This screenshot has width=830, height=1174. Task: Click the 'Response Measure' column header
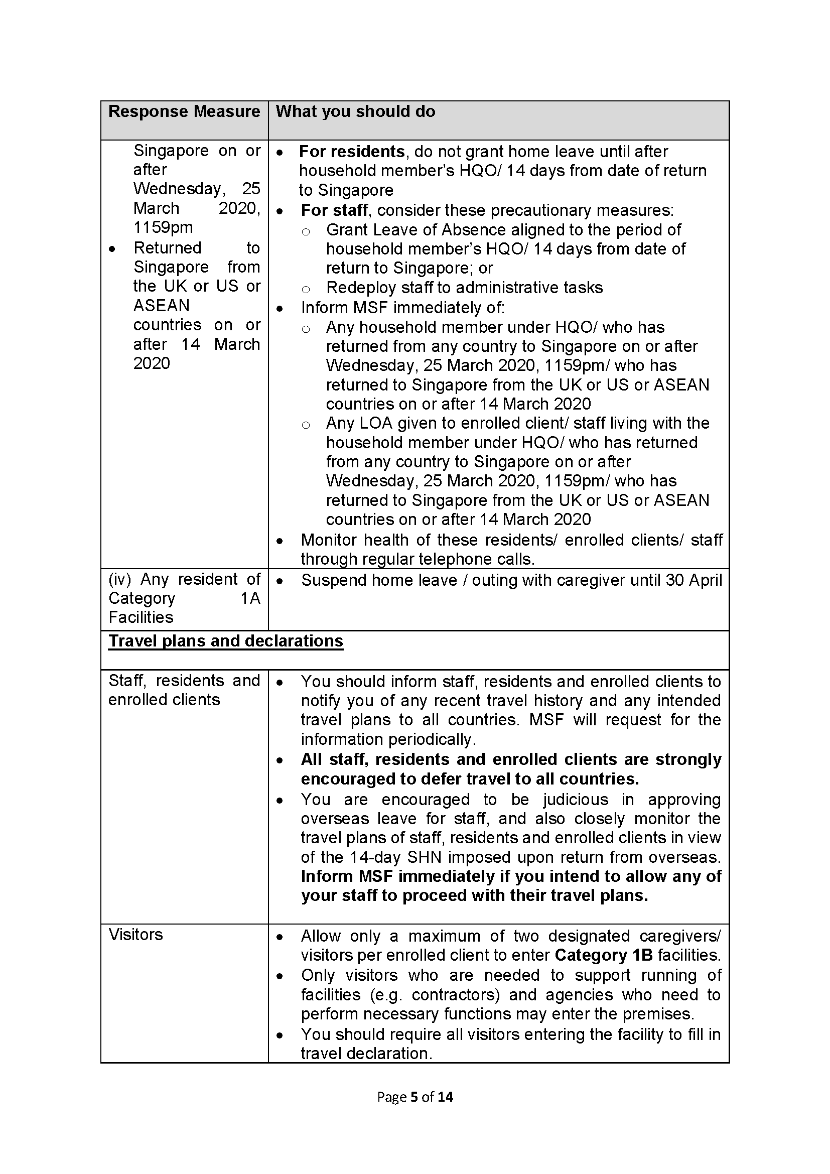(x=184, y=111)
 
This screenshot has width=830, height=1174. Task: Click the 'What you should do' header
(x=355, y=111)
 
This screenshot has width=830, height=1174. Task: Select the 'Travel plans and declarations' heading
(x=225, y=641)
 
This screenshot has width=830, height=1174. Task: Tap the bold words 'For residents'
(x=352, y=152)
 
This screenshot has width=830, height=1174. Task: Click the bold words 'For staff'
(x=334, y=210)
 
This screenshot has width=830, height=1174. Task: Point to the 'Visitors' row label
(x=135, y=935)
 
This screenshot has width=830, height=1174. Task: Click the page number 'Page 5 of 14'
(x=415, y=1097)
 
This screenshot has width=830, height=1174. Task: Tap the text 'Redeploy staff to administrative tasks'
(x=464, y=288)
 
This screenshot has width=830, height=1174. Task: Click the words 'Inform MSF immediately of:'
(x=402, y=307)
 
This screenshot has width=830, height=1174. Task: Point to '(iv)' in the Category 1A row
(x=119, y=579)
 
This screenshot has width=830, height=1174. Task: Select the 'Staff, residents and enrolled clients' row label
(x=184, y=690)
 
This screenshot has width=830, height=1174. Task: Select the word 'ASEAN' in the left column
(x=162, y=305)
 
